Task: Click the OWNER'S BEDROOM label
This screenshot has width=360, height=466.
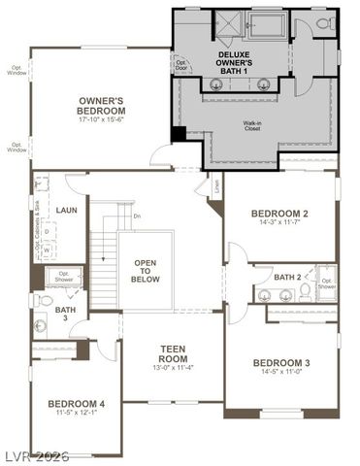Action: pos(101,105)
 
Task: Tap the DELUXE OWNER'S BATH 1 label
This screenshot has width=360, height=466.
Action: pos(240,61)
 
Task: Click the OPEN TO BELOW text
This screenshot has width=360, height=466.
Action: pos(145,271)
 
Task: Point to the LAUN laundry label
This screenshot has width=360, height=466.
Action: pos(67,209)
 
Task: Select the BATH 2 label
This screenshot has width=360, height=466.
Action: pos(287,277)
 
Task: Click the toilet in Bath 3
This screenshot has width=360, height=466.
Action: pos(43,301)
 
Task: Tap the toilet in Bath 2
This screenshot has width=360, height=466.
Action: pos(305,290)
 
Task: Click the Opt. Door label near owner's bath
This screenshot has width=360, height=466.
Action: pos(180,65)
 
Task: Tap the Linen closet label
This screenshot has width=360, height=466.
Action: pos(217,183)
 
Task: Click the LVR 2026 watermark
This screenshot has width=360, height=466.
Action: pos(36,456)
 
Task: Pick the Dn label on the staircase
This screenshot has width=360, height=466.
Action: pos(137,216)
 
